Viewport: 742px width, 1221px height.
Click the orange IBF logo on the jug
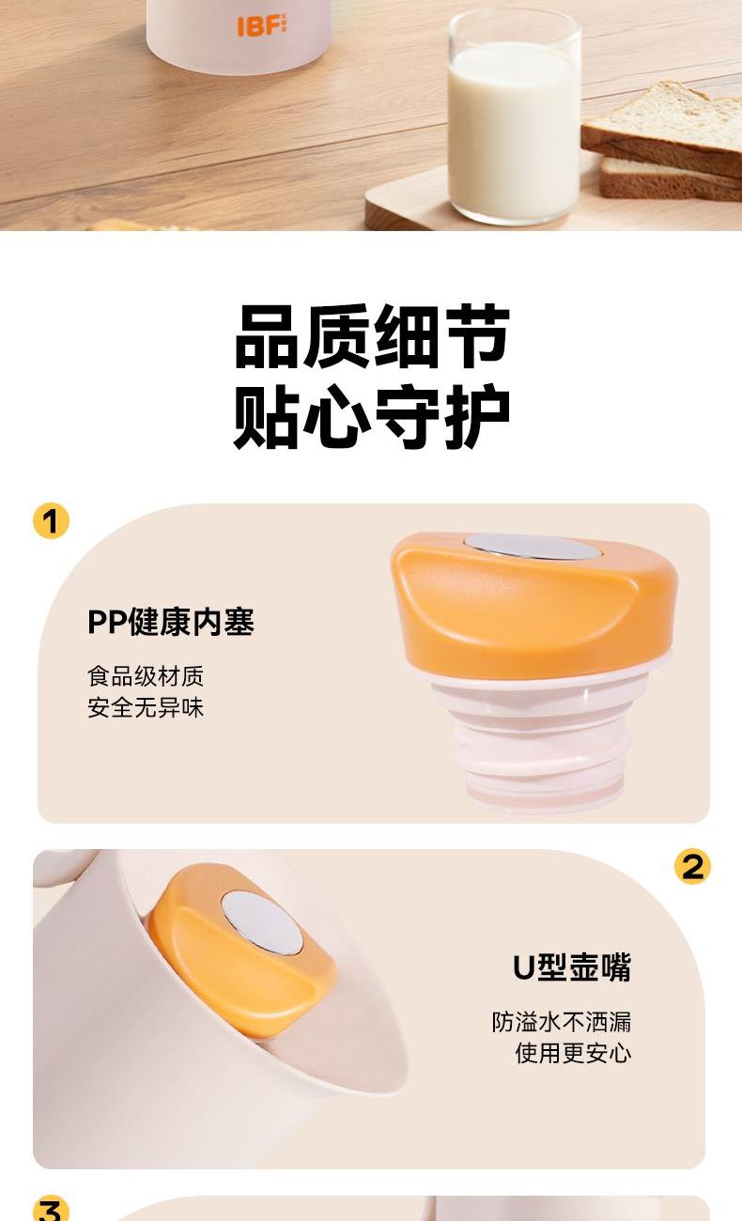point(262,26)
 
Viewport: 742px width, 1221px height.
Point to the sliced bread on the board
point(663,142)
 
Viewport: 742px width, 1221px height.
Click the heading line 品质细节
point(372,336)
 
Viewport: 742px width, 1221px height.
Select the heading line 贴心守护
point(372,416)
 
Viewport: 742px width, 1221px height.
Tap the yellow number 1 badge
point(52,520)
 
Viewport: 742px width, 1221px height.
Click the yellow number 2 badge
point(692,866)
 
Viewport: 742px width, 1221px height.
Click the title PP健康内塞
point(171,622)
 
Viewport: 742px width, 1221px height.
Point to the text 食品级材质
point(146,676)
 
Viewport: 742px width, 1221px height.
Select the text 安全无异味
point(146,708)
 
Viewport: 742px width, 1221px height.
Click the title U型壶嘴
point(572,967)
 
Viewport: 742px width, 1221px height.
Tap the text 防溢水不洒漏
point(562,1022)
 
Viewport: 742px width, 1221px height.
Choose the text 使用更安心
point(573,1053)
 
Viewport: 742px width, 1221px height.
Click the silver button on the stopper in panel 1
point(533,547)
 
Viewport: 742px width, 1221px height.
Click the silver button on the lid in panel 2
point(262,923)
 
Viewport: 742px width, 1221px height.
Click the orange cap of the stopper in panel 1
point(534,605)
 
